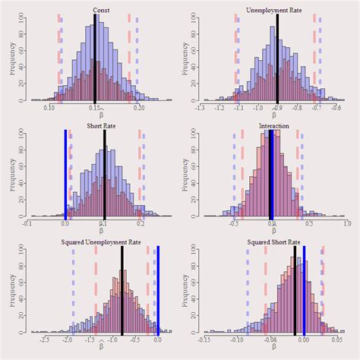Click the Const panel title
pos(100,10)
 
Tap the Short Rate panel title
pos(100,126)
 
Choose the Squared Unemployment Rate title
pos(100,242)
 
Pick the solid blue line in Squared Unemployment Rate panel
pos(158,289)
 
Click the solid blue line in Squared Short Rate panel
pos(305,289)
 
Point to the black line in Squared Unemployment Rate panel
pos(122,289)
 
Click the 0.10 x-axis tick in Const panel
pos(49,109)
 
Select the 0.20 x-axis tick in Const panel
pos(139,109)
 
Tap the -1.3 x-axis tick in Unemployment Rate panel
pos(200,109)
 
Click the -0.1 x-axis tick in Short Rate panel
pos(27,225)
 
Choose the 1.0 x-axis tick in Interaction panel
pos(347,225)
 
